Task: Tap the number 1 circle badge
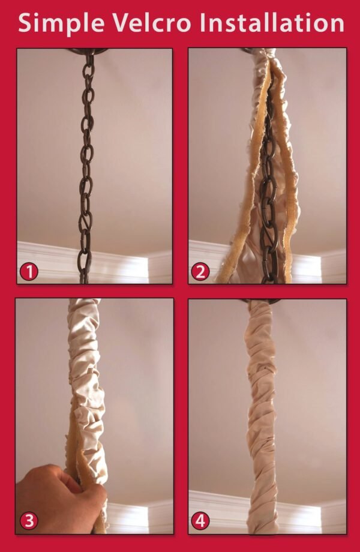(29, 272)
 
